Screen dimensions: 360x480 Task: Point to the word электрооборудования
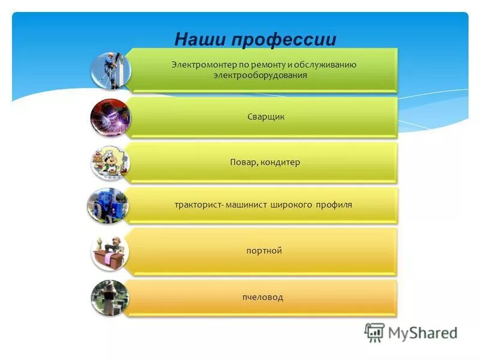260,76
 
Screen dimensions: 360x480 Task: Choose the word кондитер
280,163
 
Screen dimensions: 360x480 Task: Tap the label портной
264,251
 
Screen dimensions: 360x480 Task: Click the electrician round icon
110,70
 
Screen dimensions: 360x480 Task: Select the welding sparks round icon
110,116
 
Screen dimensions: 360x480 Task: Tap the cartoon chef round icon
110,162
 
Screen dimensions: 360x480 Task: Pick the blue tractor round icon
107,206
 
